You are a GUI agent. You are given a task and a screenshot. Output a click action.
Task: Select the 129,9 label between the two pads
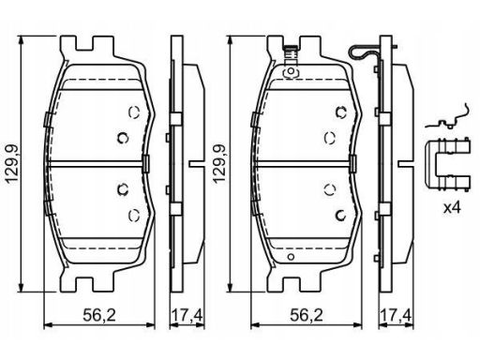[x=219, y=163]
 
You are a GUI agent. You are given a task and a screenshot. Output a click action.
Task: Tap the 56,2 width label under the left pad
[x=99, y=315]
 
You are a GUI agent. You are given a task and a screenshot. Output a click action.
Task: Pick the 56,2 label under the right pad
[x=307, y=315]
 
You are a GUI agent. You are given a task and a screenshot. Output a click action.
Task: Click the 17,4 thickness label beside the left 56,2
[x=187, y=315]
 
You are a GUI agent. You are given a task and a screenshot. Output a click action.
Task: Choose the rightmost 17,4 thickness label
[x=396, y=315]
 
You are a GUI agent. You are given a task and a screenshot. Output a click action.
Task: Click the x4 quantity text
[x=452, y=208]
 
